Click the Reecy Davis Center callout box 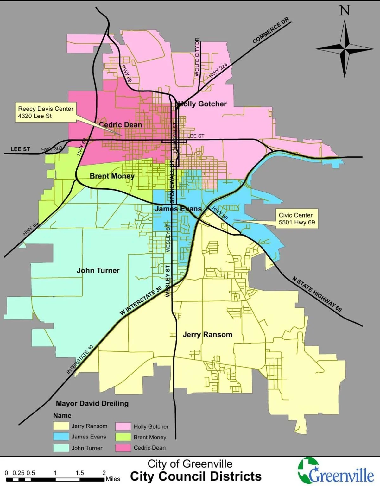(x=46, y=112)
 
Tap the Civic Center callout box (x=297, y=219)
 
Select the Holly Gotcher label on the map (x=203, y=104)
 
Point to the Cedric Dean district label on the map (x=121, y=125)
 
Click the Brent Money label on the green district (x=112, y=176)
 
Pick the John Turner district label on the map (x=98, y=271)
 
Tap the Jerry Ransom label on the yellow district (x=207, y=335)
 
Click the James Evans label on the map (x=178, y=209)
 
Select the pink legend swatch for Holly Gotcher (x=123, y=426)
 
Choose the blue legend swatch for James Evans (x=61, y=437)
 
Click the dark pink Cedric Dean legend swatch (x=123, y=448)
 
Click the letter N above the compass (x=345, y=10)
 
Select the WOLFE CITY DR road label (x=197, y=57)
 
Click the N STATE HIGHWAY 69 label (x=317, y=294)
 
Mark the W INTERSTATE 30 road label (x=141, y=300)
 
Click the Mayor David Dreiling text (x=92, y=404)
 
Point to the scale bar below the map (x=55, y=480)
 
